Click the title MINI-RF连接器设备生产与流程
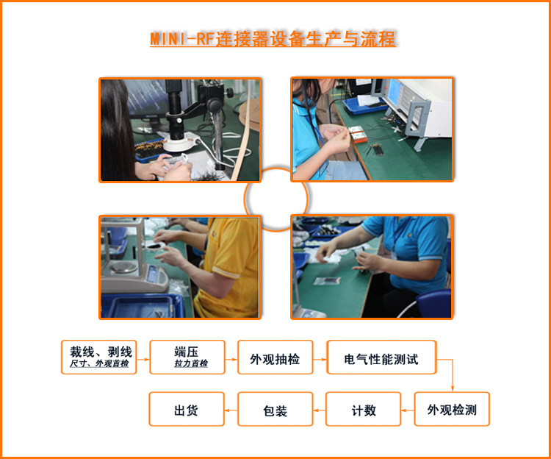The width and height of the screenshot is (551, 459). (273, 39)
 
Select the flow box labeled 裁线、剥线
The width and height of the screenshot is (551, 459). (99, 357)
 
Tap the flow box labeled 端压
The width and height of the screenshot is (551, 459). (187, 357)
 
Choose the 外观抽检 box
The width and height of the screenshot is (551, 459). (275, 357)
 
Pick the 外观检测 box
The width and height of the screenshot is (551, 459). (451, 409)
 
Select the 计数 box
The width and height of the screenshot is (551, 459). (363, 409)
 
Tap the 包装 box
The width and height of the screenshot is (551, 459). (275, 409)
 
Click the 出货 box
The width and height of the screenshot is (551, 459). (186, 409)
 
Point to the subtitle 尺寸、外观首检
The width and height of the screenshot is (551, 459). (99, 364)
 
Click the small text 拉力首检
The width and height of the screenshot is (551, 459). (190, 364)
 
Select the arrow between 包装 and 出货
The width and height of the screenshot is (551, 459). (230, 409)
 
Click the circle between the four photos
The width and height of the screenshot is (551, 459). (275, 199)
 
